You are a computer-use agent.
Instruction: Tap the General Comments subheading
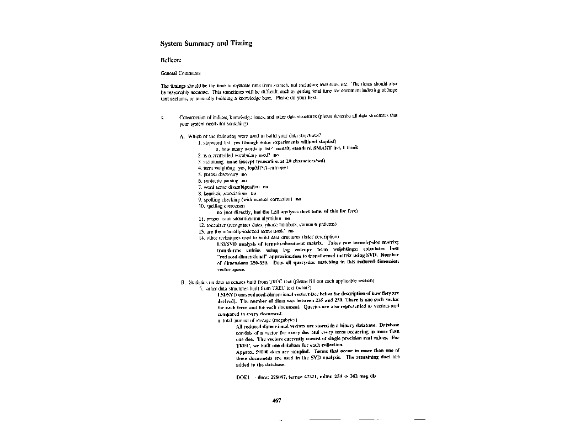180,73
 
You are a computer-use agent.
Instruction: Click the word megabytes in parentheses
283,320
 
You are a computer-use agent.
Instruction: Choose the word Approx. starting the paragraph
244,351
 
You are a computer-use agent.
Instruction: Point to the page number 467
278,400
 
